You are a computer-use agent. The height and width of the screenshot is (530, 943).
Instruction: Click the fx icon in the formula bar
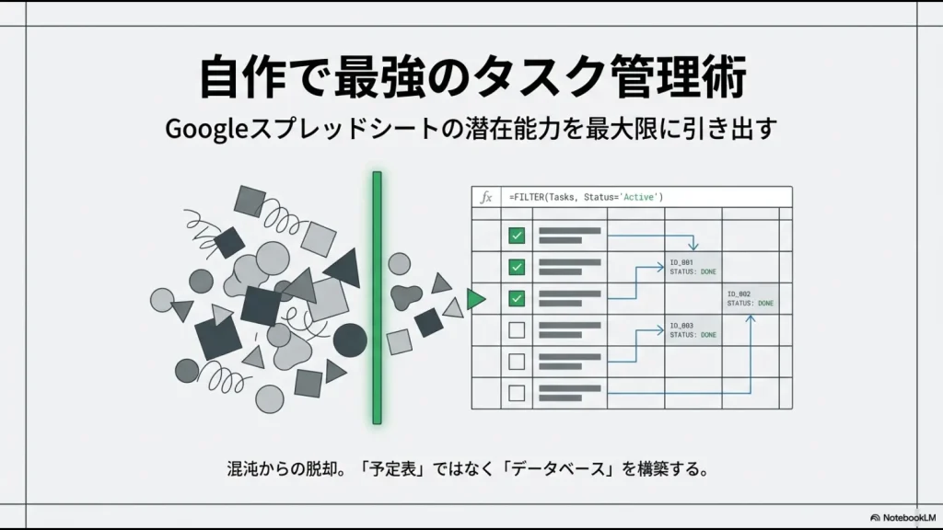click(484, 197)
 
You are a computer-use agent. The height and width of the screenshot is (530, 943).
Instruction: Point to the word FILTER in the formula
click(530, 197)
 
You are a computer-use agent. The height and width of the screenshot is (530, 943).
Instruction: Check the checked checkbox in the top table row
click(517, 236)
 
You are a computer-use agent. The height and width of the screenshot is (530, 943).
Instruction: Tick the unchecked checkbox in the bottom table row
click(517, 393)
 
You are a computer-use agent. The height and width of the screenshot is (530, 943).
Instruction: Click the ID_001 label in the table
click(682, 262)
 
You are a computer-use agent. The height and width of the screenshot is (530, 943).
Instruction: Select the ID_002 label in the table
click(739, 294)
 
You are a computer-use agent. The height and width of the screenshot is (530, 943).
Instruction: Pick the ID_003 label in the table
click(682, 325)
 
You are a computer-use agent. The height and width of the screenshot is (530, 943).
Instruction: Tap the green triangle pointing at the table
click(475, 298)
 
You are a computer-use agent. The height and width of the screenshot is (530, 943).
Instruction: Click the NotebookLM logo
click(902, 518)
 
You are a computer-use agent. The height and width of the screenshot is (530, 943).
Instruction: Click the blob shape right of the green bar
click(405, 296)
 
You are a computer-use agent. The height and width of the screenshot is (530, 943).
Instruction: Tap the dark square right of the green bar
click(428, 322)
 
